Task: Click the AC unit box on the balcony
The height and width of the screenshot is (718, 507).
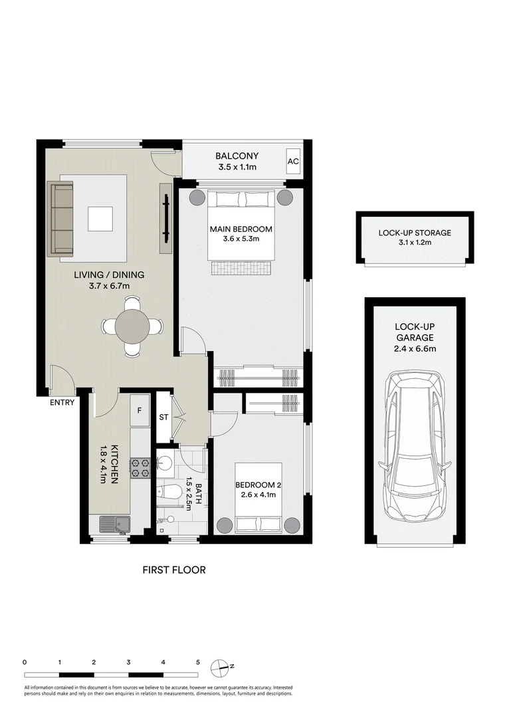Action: coord(293,162)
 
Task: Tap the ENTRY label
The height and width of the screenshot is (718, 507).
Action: coord(61,402)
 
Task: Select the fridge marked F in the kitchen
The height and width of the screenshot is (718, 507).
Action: coord(140,410)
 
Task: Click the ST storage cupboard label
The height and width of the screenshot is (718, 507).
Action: coord(163,418)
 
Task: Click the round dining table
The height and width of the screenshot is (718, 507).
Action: coord(133,326)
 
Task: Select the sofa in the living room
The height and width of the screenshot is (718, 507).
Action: coord(61,219)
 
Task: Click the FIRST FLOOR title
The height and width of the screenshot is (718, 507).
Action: coord(174,570)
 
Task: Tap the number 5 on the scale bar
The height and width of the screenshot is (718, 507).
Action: coord(197,662)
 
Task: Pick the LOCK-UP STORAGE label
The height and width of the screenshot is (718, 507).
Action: coord(415,233)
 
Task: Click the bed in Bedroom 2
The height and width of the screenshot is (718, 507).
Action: coord(260,499)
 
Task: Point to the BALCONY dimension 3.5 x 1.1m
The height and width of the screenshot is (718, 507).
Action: coord(237,168)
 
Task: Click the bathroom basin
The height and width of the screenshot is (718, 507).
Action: coord(165,463)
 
